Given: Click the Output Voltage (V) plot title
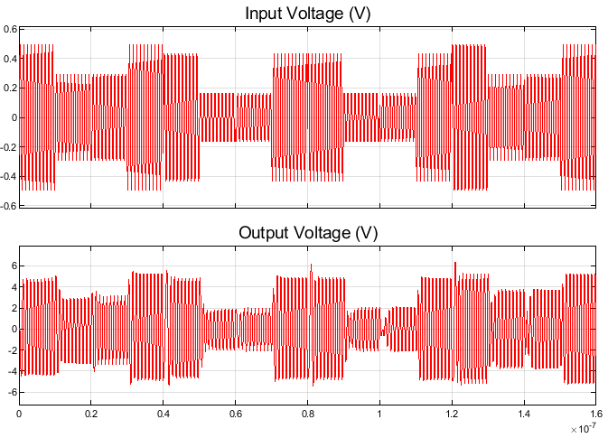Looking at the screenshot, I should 308,233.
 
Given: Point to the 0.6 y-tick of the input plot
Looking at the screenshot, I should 10,29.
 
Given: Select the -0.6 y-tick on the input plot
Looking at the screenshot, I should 8,205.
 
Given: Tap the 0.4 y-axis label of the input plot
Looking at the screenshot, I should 10,59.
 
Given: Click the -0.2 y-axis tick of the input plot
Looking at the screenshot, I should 8,146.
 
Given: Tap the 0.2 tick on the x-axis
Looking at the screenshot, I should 91,414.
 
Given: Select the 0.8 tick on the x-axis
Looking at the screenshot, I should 307,414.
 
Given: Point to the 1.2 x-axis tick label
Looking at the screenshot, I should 452,414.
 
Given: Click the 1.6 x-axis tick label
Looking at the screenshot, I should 595,414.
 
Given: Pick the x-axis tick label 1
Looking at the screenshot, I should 379,414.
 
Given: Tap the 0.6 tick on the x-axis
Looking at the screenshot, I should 235,414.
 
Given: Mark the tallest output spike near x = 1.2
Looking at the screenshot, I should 455,263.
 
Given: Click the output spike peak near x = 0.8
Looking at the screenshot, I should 311,266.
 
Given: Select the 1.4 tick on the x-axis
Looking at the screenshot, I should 524,414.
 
